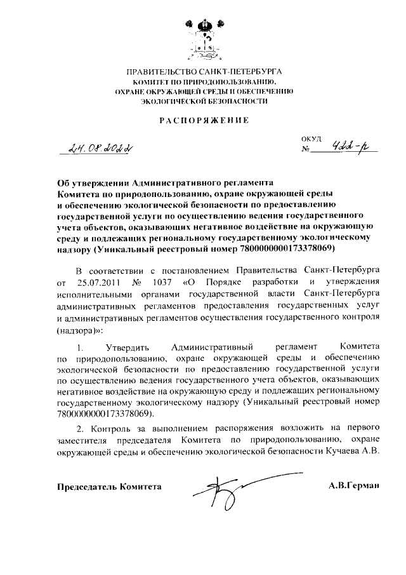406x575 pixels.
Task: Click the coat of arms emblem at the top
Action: (x=202, y=36)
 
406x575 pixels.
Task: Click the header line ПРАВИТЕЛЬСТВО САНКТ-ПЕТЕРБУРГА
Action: (x=203, y=73)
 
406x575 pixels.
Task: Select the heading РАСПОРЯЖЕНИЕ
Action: (x=203, y=119)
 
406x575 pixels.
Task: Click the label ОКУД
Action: (x=312, y=139)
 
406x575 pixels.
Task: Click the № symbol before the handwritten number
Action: (x=306, y=152)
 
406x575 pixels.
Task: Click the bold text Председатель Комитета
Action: (x=109, y=487)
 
